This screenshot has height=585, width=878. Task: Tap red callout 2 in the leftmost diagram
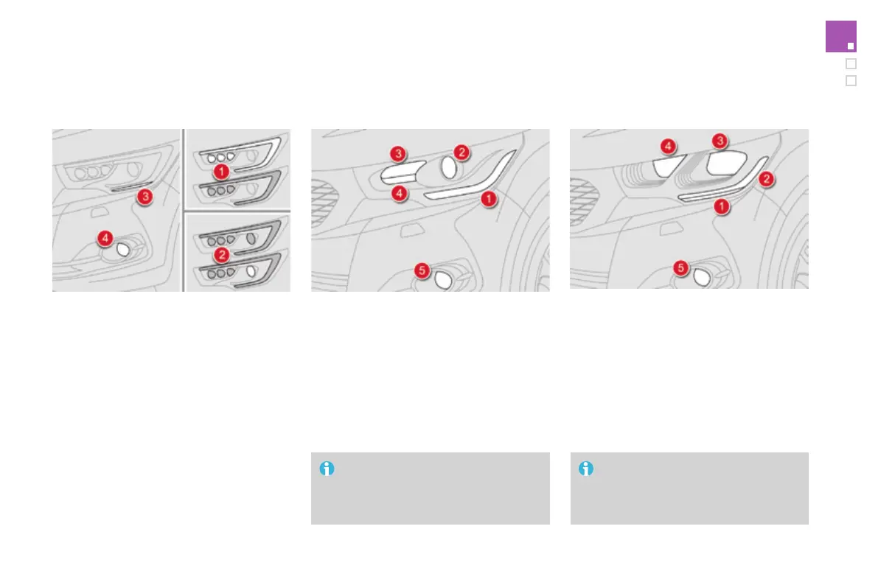[x=220, y=255]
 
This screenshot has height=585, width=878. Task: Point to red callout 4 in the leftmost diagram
[x=106, y=239]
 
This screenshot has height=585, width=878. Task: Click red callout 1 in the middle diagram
[x=487, y=198]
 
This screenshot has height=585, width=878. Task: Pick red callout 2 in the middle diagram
[x=461, y=153]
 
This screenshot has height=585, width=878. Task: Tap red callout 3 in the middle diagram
[x=398, y=153]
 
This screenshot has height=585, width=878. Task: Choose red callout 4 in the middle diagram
[x=398, y=194]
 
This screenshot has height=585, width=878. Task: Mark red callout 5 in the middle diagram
[x=422, y=271]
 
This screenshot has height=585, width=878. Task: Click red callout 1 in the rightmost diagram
[x=721, y=207]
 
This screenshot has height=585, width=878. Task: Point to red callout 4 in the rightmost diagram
[x=669, y=147]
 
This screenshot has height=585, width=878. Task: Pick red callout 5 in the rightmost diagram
[x=682, y=268]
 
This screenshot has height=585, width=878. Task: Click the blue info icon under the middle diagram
[x=327, y=469]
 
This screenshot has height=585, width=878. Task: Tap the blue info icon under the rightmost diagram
[x=586, y=469]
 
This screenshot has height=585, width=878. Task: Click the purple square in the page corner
[x=840, y=37]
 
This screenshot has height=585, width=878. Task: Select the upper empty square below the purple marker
[x=851, y=63]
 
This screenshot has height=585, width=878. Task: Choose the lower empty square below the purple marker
[x=851, y=81]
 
